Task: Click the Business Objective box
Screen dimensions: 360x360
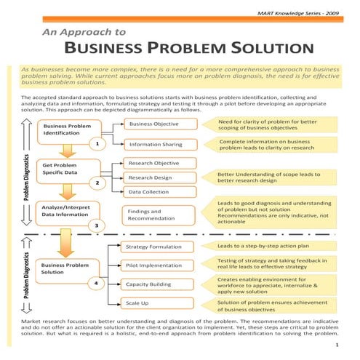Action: click(x=153, y=124)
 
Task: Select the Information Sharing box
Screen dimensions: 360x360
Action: click(x=156, y=145)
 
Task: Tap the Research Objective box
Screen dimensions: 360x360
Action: click(x=153, y=163)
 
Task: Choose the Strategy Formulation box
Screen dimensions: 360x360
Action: click(x=153, y=247)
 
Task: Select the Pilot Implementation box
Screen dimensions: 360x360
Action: click(x=153, y=265)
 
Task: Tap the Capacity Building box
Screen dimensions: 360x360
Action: click(x=149, y=284)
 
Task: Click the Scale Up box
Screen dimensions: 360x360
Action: click(x=137, y=302)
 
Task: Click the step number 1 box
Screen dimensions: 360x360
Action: click(x=97, y=144)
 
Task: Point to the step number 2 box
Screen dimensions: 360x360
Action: click(x=97, y=183)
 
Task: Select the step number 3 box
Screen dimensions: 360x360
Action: click(x=97, y=225)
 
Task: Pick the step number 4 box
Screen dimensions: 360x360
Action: click(x=97, y=282)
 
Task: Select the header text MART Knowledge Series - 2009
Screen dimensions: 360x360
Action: click(x=305, y=13)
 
